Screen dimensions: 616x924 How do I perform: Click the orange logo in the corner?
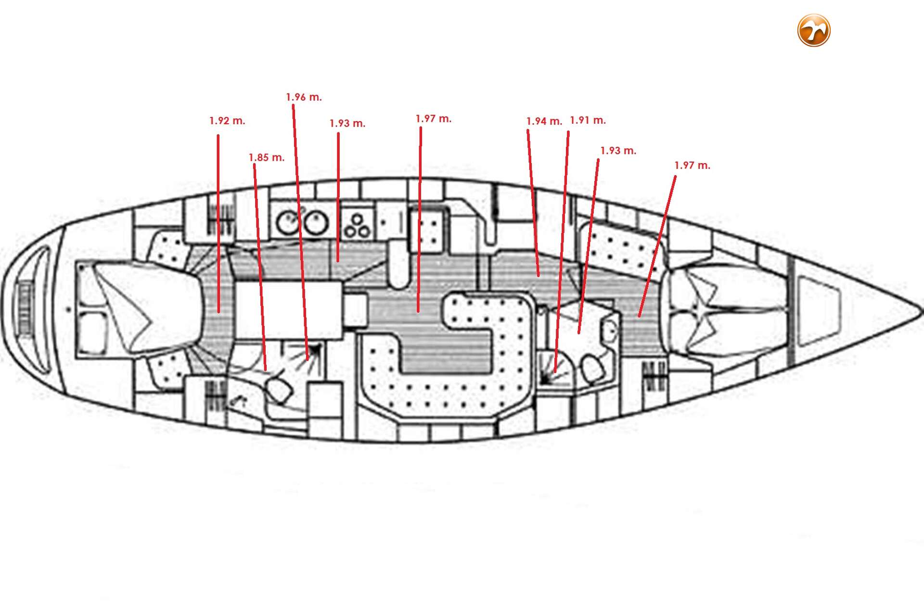[814, 30]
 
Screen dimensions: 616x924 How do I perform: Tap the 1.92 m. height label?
[227, 121]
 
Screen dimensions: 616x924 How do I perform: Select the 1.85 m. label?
[267, 157]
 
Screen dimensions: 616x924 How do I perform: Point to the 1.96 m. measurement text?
[304, 97]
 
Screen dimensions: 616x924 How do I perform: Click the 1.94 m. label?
[544, 121]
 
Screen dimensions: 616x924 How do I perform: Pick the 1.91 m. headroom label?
[588, 120]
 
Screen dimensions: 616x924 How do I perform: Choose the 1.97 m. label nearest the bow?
[692, 166]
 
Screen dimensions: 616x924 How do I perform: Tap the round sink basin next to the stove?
[316, 223]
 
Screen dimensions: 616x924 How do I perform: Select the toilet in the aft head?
[279, 390]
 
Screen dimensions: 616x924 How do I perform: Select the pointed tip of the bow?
[920, 311]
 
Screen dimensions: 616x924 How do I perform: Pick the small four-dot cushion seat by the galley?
[427, 231]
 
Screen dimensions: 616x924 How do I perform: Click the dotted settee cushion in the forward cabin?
[623, 250]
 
